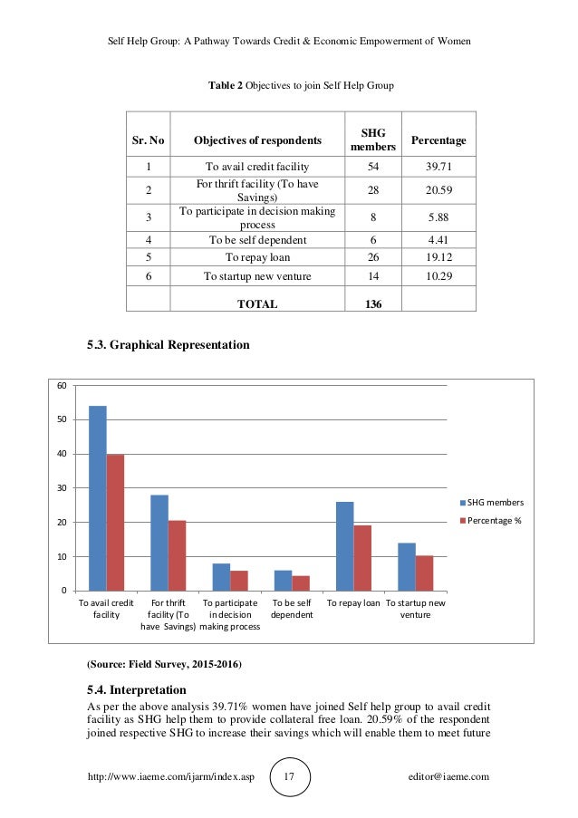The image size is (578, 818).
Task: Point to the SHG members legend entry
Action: pos(492,503)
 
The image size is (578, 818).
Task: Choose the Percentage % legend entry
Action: pos(492,521)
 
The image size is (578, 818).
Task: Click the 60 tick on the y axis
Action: pos(61,386)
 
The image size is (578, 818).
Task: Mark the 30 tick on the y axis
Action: pos(61,488)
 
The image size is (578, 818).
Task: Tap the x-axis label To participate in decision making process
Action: pos(229,614)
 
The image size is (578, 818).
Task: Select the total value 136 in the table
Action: pos(372,304)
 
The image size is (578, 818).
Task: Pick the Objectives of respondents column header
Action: pos(257,140)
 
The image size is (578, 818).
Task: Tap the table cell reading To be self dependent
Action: pos(257,240)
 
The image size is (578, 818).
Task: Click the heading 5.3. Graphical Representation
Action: pos(167,345)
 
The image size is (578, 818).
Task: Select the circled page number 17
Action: pos(290,777)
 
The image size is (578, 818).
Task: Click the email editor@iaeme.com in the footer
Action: pos(448,777)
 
